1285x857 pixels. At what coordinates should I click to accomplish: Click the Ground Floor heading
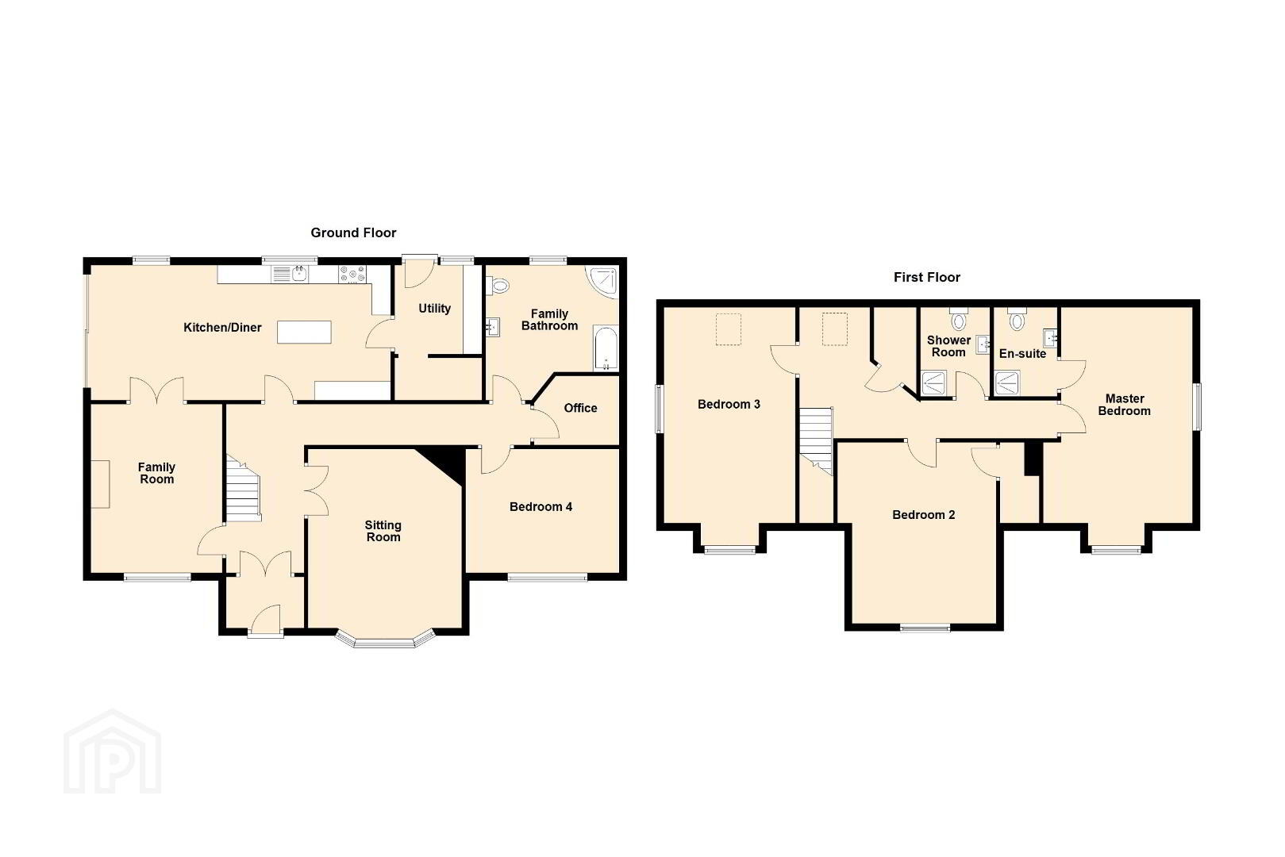(353, 233)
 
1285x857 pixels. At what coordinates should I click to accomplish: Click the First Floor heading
(927, 278)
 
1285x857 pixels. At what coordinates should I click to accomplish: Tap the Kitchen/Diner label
(222, 328)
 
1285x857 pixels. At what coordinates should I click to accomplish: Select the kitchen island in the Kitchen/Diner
(304, 332)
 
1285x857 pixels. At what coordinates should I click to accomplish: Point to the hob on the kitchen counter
(352, 275)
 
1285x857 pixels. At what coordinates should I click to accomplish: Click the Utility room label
(434, 309)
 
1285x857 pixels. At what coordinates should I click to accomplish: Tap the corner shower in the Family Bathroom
(602, 282)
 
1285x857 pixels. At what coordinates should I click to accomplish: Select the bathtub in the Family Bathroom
(606, 349)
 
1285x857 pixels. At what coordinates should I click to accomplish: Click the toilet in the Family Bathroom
(497, 285)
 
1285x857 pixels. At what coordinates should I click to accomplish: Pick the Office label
(580, 408)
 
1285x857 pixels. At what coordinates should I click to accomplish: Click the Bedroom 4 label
(541, 506)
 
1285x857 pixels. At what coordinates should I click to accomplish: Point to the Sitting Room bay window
(384, 640)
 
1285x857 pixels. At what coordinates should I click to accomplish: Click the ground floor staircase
(243, 489)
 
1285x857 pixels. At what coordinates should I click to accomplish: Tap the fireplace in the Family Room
(100, 483)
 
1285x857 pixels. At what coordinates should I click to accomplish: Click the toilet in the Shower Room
(959, 318)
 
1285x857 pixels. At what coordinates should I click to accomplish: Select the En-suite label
(1023, 354)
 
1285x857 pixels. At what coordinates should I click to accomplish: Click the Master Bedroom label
(1125, 405)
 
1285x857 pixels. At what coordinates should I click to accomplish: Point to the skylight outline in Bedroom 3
(729, 329)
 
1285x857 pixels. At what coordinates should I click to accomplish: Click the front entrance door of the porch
(266, 621)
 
